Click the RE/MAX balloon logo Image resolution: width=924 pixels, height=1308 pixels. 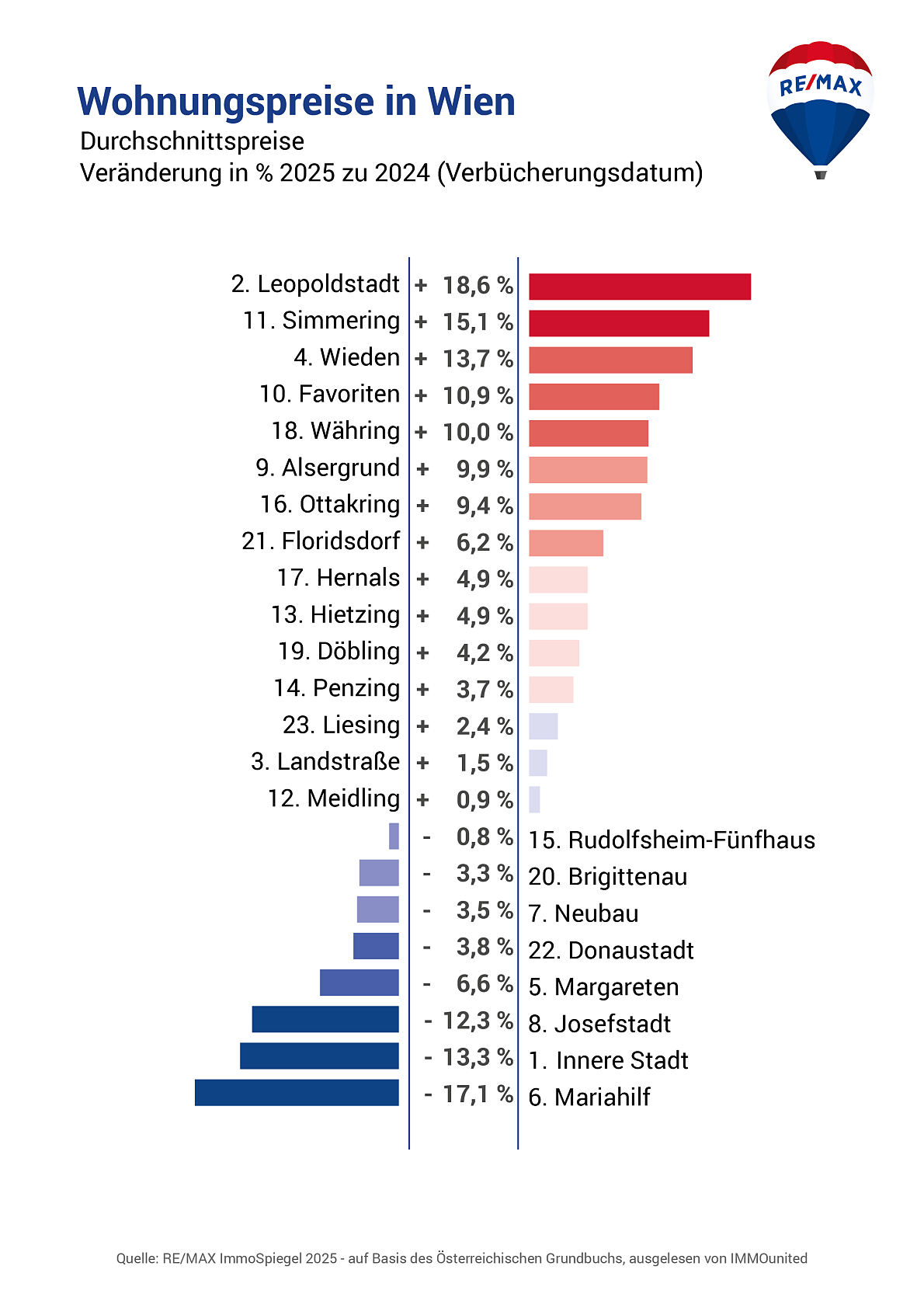click(x=820, y=109)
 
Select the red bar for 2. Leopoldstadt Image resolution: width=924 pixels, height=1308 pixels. click(x=640, y=287)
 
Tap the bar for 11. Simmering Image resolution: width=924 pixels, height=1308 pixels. click(x=619, y=323)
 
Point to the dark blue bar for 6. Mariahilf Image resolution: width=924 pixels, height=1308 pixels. click(x=297, y=1092)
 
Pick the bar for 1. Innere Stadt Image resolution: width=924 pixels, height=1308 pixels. click(x=319, y=1056)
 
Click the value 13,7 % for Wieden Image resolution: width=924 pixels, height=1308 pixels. click(x=478, y=359)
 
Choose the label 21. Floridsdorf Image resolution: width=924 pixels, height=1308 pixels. click(x=321, y=541)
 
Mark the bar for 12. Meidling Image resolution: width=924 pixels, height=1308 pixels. click(x=534, y=799)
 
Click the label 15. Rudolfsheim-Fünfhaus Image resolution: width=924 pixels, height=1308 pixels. click(x=672, y=840)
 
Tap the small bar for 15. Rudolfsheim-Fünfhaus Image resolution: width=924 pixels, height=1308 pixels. click(x=394, y=836)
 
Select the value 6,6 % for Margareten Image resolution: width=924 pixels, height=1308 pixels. click(x=484, y=983)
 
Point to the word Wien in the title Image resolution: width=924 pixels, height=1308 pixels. click(x=471, y=102)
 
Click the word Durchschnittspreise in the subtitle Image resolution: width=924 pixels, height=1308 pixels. click(x=192, y=141)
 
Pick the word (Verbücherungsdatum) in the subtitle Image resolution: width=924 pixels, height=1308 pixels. click(x=570, y=172)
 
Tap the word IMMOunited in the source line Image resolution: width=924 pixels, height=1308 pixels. click(x=768, y=1258)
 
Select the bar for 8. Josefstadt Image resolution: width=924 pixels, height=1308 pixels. click(x=325, y=1019)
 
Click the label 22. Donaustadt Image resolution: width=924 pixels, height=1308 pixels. click(x=611, y=950)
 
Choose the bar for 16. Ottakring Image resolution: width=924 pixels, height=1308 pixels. click(x=585, y=506)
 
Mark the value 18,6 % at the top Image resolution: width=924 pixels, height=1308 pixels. click(x=478, y=286)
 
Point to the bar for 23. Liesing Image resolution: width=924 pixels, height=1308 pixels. click(x=543, y=726)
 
